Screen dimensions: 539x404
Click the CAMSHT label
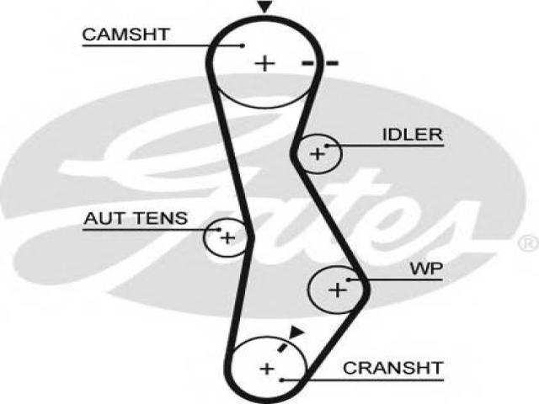[x=125, y=35]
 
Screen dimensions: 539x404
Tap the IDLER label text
[x=413, y=135]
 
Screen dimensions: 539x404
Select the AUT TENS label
[x=136, y=218]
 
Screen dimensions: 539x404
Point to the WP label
[x=427, y=269]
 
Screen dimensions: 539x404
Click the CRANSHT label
[x=393, y=369]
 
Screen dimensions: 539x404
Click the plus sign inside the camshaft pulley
[x=264, y=64]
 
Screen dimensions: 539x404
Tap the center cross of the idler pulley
[x=318, y=153]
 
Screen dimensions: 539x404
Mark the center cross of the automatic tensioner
[x=227, y=237]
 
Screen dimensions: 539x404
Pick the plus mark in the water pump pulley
[x=338, y=290]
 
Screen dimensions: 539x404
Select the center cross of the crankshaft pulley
[x=267, y=369]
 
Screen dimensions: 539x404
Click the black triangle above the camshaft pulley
[x=264, y=7]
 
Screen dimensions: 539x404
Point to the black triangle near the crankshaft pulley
[x=296, y=332]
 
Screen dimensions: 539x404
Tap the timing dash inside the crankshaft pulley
[x=283, y=348]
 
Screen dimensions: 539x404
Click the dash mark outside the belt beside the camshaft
[x=333, y=63]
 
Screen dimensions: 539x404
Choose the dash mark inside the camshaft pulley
[x=307, y=63]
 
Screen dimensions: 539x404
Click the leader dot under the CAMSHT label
[x=243, y=45]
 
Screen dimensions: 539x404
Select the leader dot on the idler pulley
[x=326, y=146]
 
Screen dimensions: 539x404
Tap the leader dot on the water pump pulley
[x=348, y=280]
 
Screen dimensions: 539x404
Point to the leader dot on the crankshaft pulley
[x=281, y=380]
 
